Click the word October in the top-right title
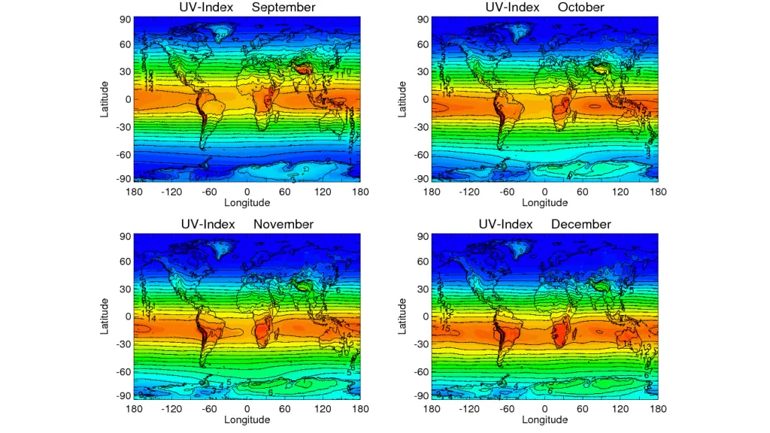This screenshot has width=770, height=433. click(x=581, y=8)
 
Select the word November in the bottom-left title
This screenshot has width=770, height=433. click(x=283, y=225)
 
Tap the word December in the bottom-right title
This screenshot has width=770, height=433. click(x=581, y=225)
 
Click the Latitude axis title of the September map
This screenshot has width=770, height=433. click(x=105, y=99)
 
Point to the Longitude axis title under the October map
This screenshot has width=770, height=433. click(x=544, y=202)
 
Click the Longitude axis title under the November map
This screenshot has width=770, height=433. click(x=247, y=419)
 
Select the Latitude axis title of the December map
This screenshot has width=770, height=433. click(x=403, y=316)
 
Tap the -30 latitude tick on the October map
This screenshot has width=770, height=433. click(x=423, y=127)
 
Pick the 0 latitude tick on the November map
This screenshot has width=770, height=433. click(x=129, y=316)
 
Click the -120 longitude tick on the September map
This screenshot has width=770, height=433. click(x=171, y=192)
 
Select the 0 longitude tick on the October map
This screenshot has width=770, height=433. click(x=544, y=192)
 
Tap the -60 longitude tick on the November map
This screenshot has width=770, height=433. click(x=209, y=409)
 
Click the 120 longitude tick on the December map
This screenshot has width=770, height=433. click(x=620, y=409)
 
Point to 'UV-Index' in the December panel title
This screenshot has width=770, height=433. click(x=505, y=225)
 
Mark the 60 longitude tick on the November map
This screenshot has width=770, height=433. click(x=285, y=409)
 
